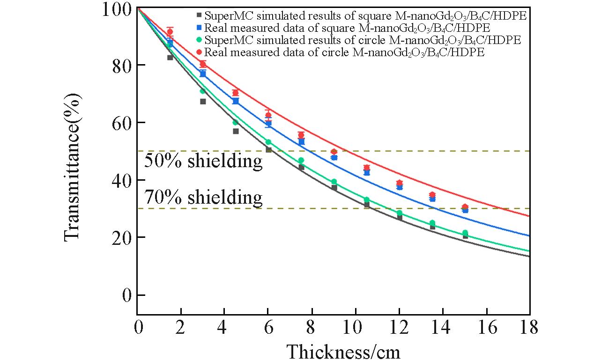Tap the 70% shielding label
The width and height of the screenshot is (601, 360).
pyautogui.click(x=203, y=198)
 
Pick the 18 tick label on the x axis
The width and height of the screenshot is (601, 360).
pyautogui.click(x=529, y=327)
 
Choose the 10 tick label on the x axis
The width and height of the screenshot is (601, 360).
pyautogui.click(x=355, y=327)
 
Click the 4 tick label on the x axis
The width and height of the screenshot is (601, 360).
pyautogui.click(x=224, y=327)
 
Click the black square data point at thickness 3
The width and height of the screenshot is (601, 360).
pyautogui.click(x=203, y=101)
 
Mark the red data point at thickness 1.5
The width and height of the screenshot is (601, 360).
pyautogui.click(x=170, y=32)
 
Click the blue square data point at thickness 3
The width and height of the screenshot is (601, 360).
pyautogui.click(x=203, y=73)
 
